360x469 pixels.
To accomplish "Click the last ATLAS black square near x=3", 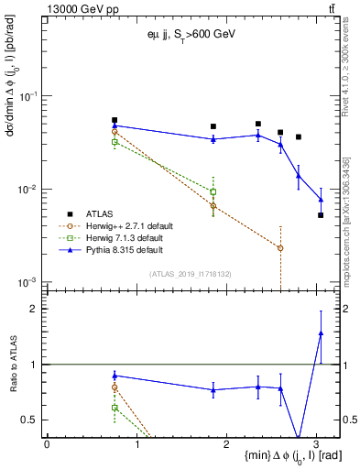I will [x=321, y=215].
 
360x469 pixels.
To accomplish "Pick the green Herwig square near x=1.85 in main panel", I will [x=213, y=192].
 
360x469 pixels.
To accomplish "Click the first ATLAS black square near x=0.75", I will [x=115, y=120].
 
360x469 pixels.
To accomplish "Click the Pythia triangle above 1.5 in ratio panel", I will [x=321, y=333].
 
